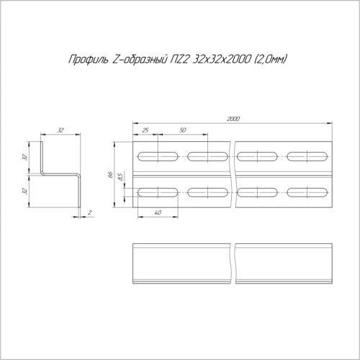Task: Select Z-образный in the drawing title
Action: pos(140,59)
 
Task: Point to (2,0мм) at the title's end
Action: pos(270,59)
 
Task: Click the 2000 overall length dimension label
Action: pos(233,119)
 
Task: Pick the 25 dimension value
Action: pos(145,130)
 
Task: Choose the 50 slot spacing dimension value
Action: pos(183,130)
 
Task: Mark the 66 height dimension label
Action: pos(110,174)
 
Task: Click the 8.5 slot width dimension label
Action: pos(120,177)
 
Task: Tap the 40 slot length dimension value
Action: pos(158,212)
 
